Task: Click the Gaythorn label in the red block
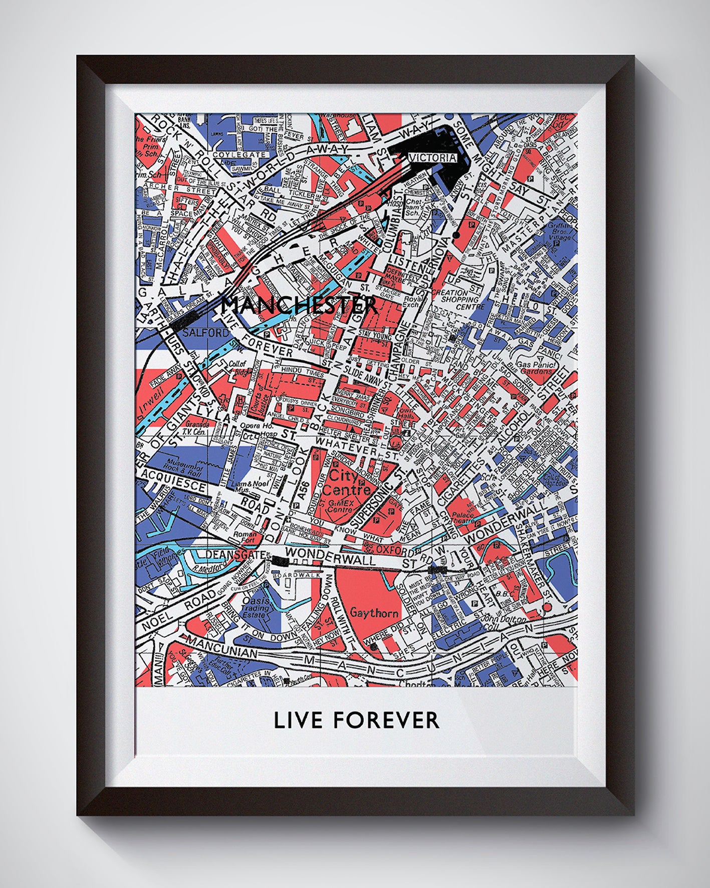pos(368,613)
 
